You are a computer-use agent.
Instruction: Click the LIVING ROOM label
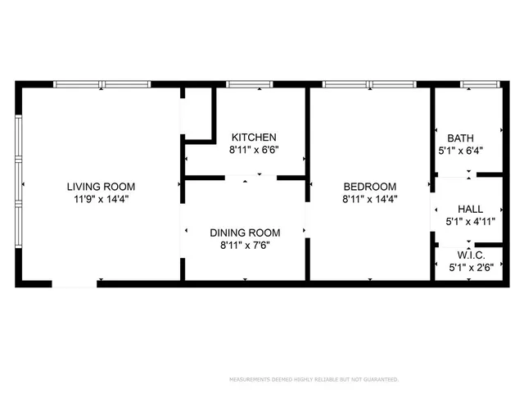click(101, 186)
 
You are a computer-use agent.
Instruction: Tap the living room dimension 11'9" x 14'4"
click(101, 198)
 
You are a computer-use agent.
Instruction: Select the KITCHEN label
click(254, 137)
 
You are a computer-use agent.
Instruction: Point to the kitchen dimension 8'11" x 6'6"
click(254, 150)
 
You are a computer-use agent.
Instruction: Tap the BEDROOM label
click(369, 186)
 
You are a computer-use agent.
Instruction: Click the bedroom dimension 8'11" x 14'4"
click(369, 198)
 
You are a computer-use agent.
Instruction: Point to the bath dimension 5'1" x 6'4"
click(460, 150)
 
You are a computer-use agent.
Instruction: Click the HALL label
click(471, 208)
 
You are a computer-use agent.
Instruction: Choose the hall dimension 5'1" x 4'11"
click(471, 220)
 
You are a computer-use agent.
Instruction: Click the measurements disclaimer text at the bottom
click(313, 380)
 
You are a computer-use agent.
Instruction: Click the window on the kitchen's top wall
click(250, 84)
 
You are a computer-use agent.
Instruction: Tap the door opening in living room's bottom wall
click(75, 283)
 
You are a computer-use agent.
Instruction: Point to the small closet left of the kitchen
click(197, 115)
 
